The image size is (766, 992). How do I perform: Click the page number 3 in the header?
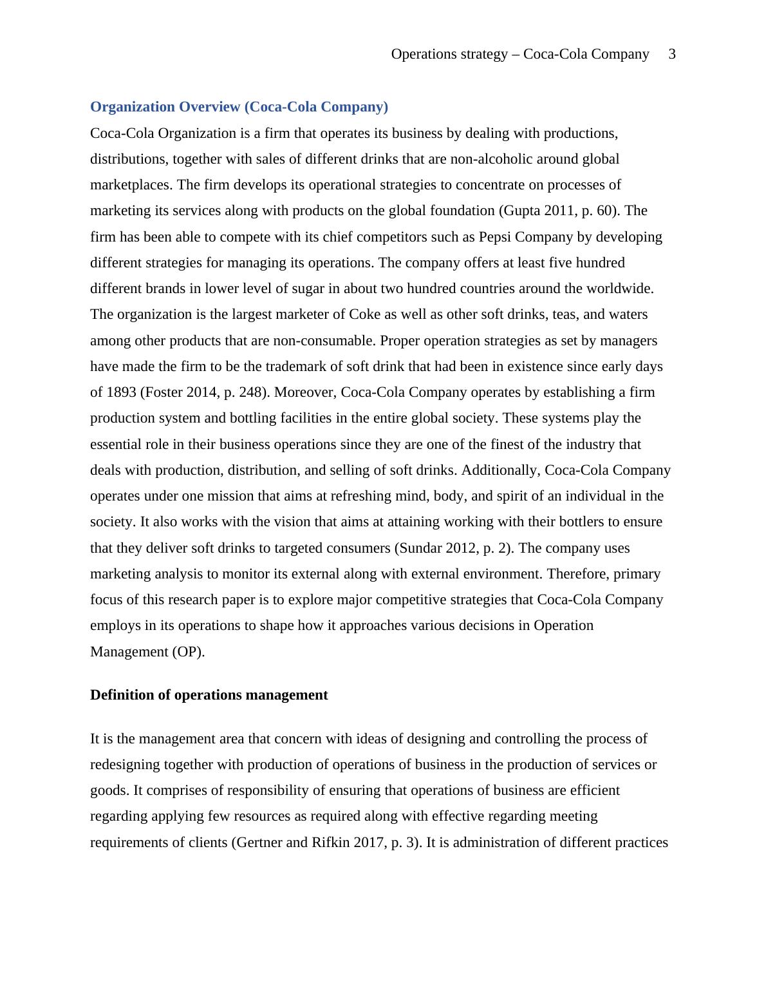[672, 54]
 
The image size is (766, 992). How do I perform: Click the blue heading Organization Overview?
[239, 107]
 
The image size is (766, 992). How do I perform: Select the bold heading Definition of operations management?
[209, 695]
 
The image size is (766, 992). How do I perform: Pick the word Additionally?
[500, 470]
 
